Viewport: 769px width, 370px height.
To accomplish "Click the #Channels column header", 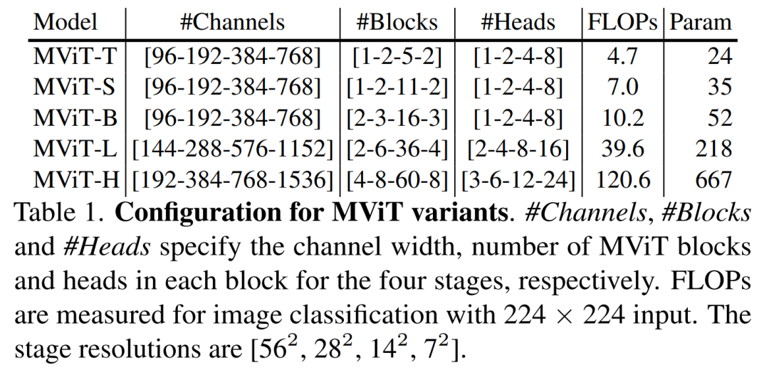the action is (x=232, y=23).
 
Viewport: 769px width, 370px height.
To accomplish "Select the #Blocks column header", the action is (x=397, y=23).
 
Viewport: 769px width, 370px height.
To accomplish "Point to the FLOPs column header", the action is (x=622, y=23).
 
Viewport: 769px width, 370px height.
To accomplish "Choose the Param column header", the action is (x=701, y=23).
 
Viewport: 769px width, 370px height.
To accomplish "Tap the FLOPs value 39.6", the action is (x=620, y=149).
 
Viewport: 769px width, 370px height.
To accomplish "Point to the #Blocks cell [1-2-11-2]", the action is (x=397, y=87).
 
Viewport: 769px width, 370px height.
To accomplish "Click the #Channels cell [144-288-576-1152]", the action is (x=232, y=149).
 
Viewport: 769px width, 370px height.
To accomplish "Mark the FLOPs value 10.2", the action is (x=620, y=117).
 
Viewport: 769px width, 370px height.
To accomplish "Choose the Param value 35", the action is (x=719, y=87).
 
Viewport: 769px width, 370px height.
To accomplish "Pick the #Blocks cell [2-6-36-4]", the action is (x=397, y=149).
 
